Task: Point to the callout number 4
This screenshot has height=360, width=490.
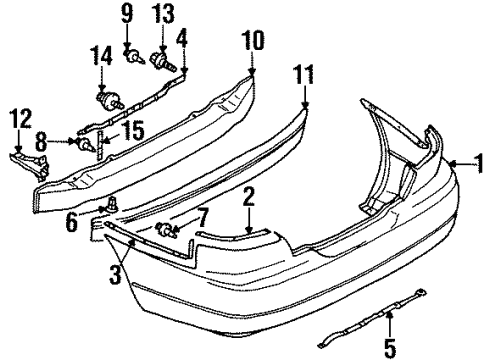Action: pos(182,40)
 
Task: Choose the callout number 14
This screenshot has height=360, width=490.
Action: pos(101,56)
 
